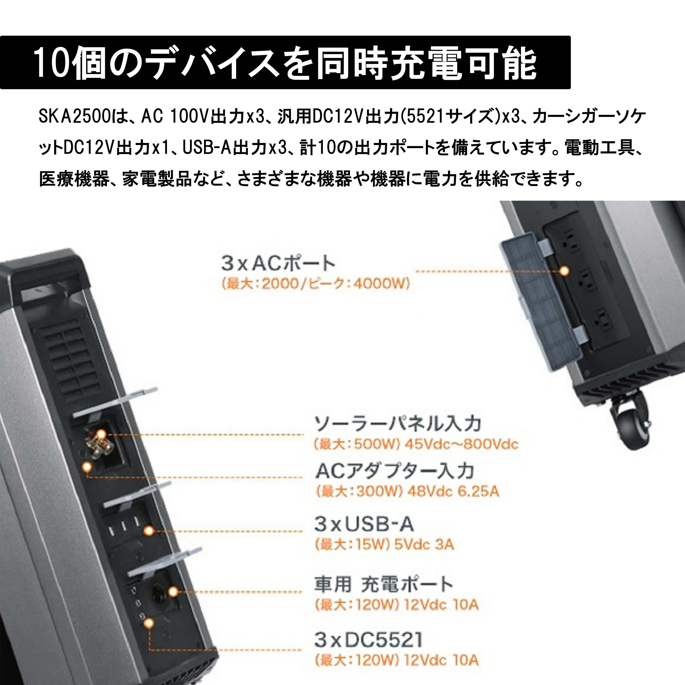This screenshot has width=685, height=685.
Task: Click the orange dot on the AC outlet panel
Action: tap(564, 271)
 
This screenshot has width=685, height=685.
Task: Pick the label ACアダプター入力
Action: tap(394, 471)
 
